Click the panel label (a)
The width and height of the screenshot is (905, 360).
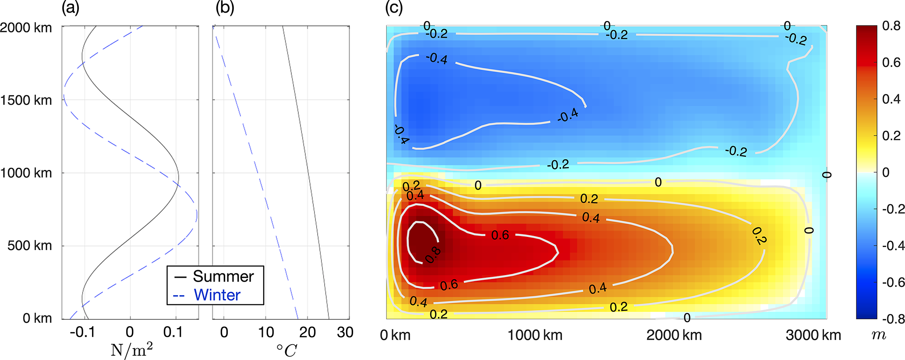[71, 8]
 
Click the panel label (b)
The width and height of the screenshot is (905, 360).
[225, 8]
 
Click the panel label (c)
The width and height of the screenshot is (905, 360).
[394, 8]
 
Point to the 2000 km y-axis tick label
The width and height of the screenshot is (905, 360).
[26, 28]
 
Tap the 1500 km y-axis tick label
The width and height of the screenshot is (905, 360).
[26, 100]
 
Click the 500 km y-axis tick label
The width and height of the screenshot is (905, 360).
[29, 246]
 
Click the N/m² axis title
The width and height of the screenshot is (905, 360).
[132, 350]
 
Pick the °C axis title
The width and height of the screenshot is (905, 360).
[286, 350]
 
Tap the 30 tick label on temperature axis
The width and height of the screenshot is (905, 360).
[345, 332]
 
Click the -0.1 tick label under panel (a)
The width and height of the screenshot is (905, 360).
[82, 332]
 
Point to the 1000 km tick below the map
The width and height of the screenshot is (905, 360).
[535, 335]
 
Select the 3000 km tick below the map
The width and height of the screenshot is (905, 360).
[813, 335]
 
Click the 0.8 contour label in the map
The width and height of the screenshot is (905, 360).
[433, 255]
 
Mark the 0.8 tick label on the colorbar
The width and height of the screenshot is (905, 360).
[891, 26]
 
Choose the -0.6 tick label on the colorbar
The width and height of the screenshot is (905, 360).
[893, 282]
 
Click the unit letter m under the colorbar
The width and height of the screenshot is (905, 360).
[879, 335]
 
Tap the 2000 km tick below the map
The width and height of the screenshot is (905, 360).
[674, 335]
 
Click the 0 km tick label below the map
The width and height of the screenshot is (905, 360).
[396, 335]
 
